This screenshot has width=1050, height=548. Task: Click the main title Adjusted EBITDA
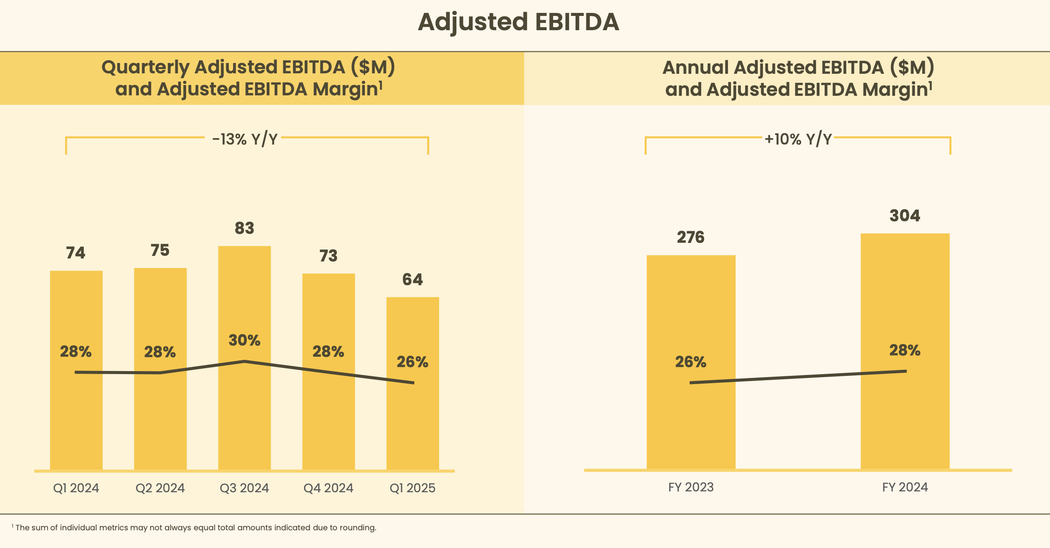tap(518, 22)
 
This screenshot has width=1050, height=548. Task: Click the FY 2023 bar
tap(691, 423)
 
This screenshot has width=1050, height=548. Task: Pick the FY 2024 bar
tap(905, 414)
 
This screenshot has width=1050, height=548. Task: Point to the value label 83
tap(244, 228)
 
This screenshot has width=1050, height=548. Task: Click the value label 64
tap(412, 280)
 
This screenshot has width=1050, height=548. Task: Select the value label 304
tap(905, 216)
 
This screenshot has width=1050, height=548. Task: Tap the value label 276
tap(690, 237)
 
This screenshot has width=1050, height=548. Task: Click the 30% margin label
tap(244, 340)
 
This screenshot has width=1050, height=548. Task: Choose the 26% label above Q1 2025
tap(412, 362)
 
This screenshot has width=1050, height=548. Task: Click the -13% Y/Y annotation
tap(244, 139)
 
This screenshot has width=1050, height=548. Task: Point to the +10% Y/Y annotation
tap(798, 139)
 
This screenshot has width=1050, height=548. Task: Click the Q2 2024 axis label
tap(160, 488)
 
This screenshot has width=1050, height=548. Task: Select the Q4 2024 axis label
tap(328, 488)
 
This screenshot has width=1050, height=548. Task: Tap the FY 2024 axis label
tap(905, 487)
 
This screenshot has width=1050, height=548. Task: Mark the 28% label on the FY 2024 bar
tap(905, 350)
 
